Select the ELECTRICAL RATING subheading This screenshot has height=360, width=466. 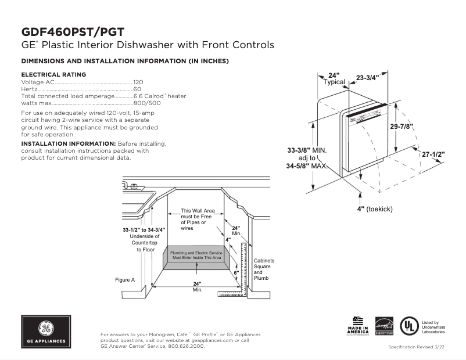[53, 74]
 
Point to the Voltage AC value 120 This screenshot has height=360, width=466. [138, 82]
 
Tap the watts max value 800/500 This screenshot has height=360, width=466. [145, 103]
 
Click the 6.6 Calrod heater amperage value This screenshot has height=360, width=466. [160, 96]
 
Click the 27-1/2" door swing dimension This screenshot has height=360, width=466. [433, 154]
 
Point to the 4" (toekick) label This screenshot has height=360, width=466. [375, 208]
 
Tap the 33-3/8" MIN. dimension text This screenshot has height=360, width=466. [307, 150]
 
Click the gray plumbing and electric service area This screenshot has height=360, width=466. [196, 256]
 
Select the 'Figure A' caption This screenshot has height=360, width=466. [125, 280]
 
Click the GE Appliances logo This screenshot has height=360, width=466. [46, 332]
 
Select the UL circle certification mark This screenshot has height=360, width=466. [410, 326]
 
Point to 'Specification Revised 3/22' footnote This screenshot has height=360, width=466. [417, 347]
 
